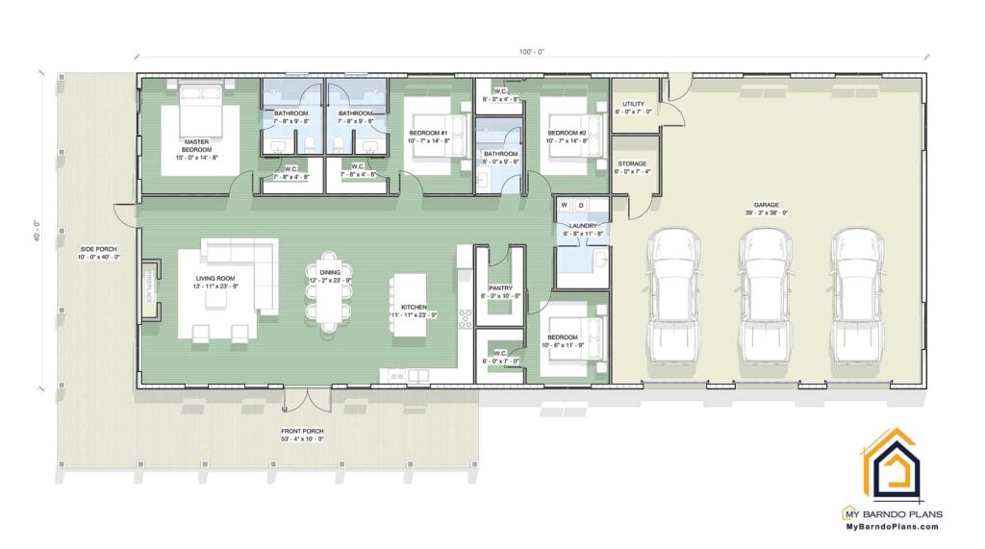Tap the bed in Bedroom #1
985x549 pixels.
click(x=435, y=134)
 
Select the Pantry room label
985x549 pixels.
click(x=500, y=287)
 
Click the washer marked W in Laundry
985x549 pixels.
click(x=566, y=204)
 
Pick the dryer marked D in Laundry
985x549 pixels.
click(x=581, y=204)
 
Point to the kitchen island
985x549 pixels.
click(x=408, y=305)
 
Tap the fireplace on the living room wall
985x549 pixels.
click(x=150, y=286)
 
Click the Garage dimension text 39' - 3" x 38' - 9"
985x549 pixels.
click(x=766, y=212)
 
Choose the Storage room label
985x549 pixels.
click(x=632, y=163)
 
